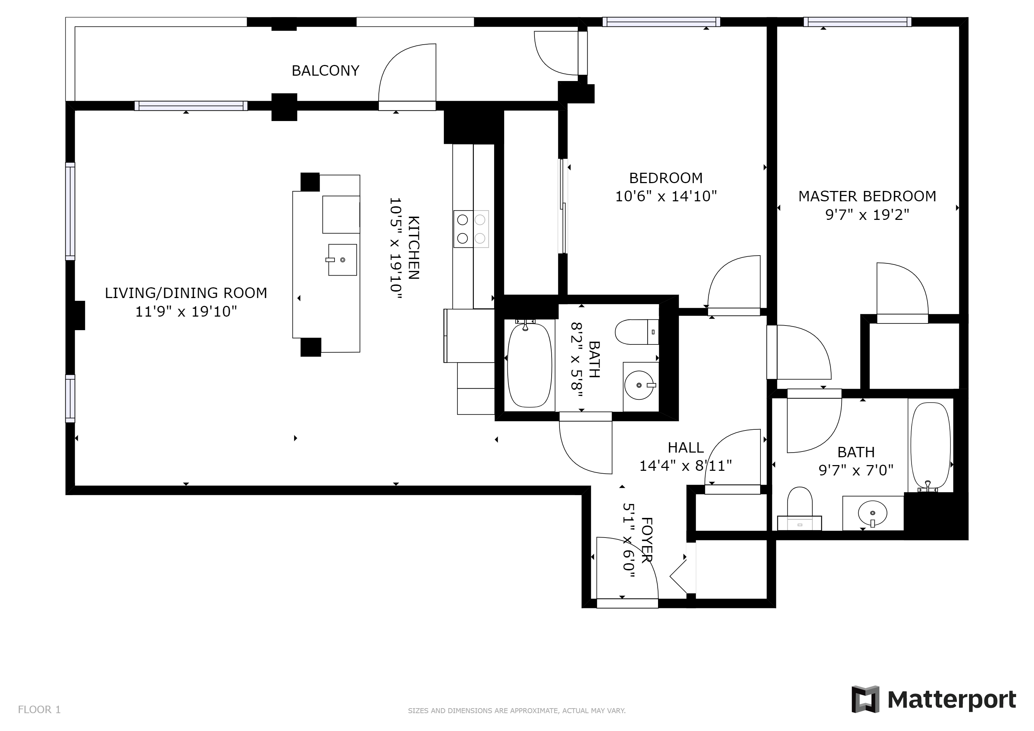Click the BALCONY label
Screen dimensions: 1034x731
tap(325, 71)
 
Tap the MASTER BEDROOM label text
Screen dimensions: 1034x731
tap(867, 196)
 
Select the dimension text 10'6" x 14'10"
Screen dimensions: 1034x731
tap(666, 196)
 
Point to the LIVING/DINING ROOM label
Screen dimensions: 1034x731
tap(186, 293)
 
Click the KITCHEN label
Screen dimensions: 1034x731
tap(414, 248)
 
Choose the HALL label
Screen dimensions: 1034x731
tap(686, 448)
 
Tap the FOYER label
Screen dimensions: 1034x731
tap(646, 540)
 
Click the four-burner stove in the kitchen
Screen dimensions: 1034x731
tap(471, 229)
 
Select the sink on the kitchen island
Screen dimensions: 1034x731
tap(342, 260)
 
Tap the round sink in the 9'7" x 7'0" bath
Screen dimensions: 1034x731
tap(872, 513)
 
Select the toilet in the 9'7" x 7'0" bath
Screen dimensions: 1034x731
tap(800, 509)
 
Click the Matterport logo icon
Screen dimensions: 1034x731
tap(865, 699)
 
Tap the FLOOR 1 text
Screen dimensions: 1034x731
tap(39, 710)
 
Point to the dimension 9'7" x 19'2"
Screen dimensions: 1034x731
tap(867, 215)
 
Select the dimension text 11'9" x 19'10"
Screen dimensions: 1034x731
tap(186, 312)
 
